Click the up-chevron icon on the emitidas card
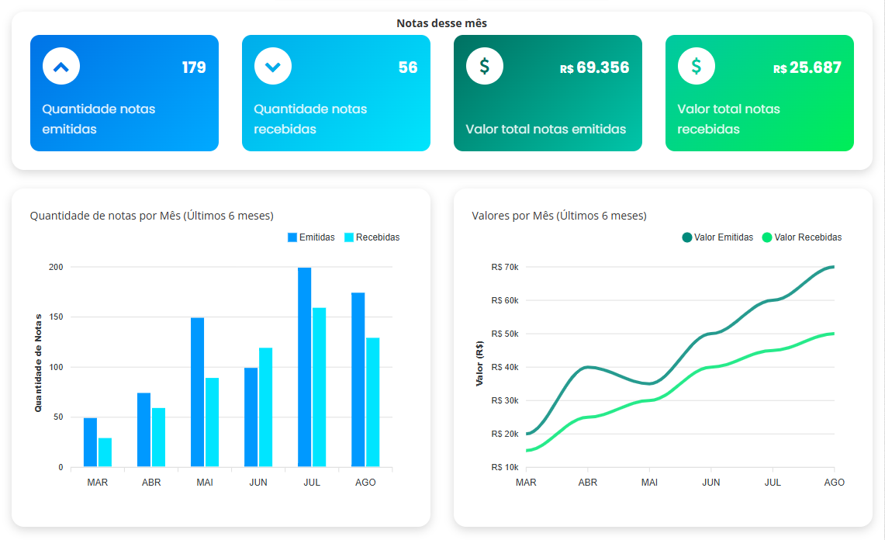(x=61, y=67)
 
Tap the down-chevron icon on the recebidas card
(x=273, y=67)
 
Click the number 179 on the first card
(x=194, y=67)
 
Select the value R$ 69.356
(x=594, y=67)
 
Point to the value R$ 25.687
(x=807, y=67)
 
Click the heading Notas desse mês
(x=441, y=23)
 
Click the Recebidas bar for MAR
(x=105, y=452)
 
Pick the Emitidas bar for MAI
(x=197, y=392)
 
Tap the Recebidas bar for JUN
(x=265, y=407)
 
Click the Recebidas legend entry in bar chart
(x=372, y=237)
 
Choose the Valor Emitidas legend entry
(x=717, y=237)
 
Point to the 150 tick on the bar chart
(x=55, y=317)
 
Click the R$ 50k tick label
(x=504, y=334)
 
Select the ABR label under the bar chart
(x=151, y=483)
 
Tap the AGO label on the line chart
(x=834, y=483)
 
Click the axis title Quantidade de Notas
(x=38, y=362)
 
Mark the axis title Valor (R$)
(x=479, y=364)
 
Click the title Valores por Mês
(x=558, y=216)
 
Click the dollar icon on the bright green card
(x=696, y=67)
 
